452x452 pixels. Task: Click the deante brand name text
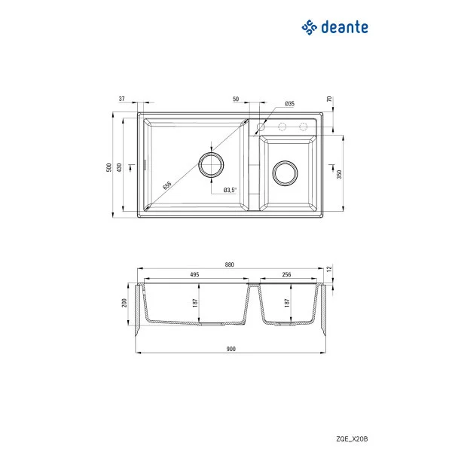click(344, 28)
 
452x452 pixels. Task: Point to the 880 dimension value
click(230, 265)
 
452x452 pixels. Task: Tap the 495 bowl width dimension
click(194, 275)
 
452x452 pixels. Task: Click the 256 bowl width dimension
click(286, 275)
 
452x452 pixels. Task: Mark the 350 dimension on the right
click(340, 174)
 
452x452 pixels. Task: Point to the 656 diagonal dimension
click(167, 183)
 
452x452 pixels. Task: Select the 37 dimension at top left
click(121, 98)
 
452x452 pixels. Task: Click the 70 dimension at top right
click(329, 99)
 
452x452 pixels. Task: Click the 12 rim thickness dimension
click(329, 269)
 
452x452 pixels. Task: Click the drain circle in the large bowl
click(211, 163)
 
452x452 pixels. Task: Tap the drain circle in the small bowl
click(286, 173)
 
